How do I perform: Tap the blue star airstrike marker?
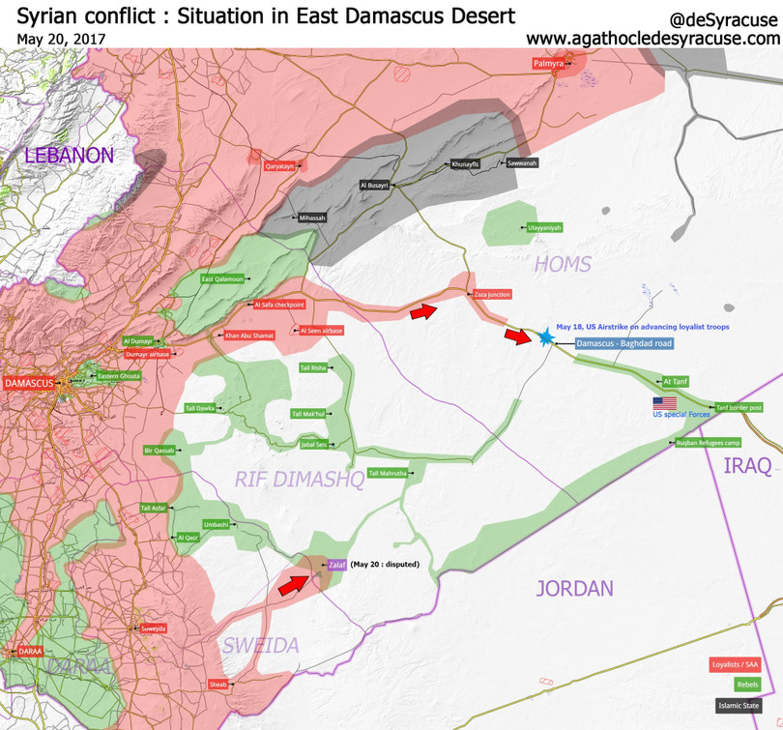coord(545,336)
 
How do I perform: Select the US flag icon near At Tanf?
coord(665,403)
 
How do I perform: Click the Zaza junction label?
coord(491,294)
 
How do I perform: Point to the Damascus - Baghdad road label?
coord(623,343)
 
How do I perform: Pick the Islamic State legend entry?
coord(737,706)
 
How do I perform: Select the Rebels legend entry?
coord(746,685)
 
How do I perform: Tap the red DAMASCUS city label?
coord(29,383)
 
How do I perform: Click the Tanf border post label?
coord(739,407)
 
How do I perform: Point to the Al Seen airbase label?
coord(321,331)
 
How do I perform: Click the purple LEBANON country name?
coord(70,156)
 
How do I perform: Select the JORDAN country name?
coord(574,588)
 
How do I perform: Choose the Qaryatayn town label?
coord(279,166)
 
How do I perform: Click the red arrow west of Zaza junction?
coord(422,310)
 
